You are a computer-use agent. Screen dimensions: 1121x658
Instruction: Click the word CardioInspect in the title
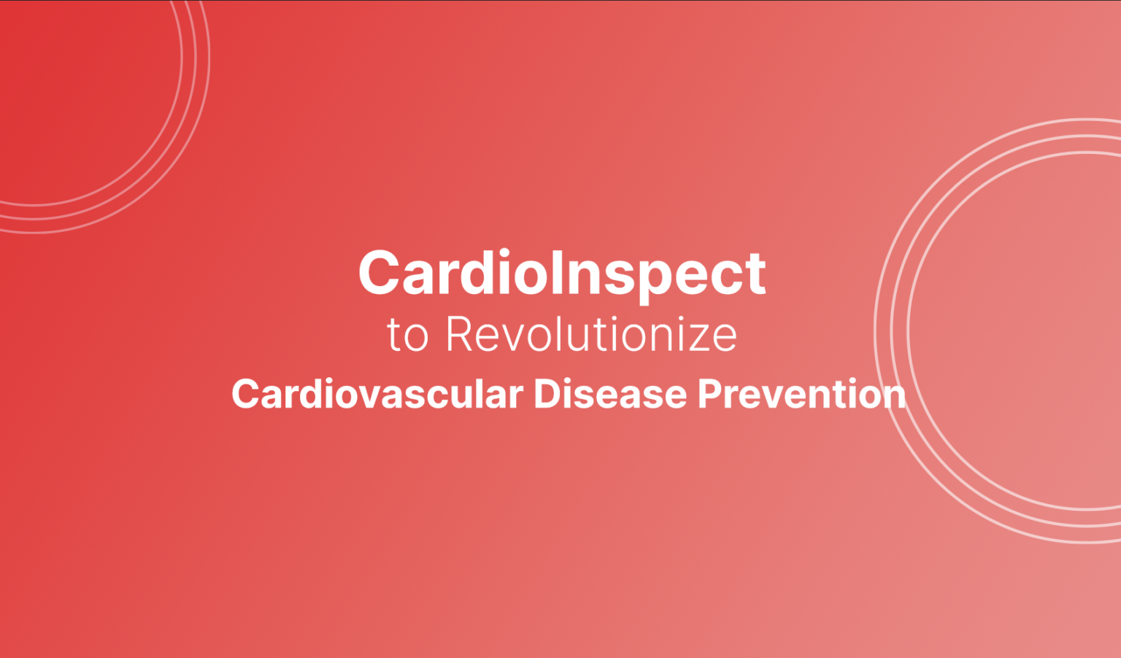pyautogui.click(x=562, y=274)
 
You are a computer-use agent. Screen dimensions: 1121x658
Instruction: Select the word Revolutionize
pyautogui.click(x=591, y=334)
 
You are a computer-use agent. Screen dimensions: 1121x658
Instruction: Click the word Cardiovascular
pyautogui.click(x=377, y=395)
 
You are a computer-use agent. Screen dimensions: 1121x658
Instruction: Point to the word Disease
pyautogui.click(x=610, y=395)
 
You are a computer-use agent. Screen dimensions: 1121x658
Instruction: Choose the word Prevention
pyautogui.click(x=802, y=395)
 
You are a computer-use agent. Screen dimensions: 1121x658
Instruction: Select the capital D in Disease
pyautogui.click(x=547, y=395)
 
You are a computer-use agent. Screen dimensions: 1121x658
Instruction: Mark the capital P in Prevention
pyautogui.click(x=709, y=395)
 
